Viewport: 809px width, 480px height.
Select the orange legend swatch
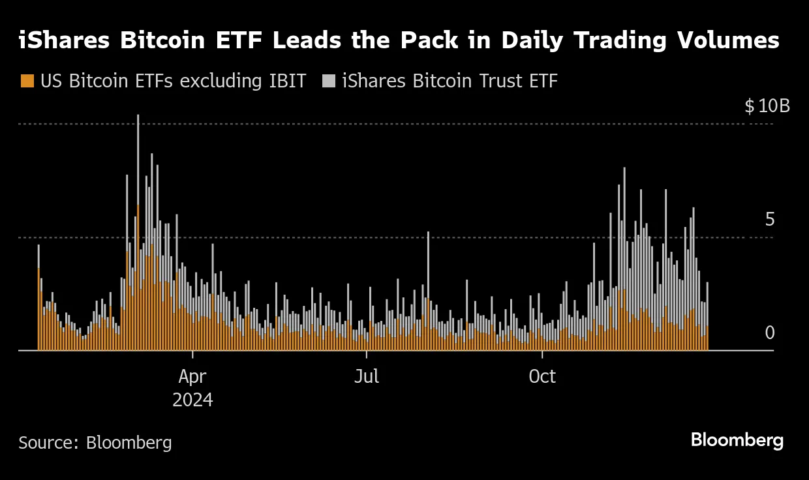(27, 82)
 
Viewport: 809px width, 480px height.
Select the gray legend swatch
(329, 82)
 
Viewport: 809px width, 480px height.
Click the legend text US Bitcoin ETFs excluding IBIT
(173, 82)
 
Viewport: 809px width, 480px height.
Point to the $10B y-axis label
(767, 106)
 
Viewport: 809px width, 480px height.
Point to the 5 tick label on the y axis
(770, 220)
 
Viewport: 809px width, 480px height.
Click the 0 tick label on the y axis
(770, 333)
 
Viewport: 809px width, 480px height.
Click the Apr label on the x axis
(192, 376)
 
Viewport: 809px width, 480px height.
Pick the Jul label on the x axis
(367, 376)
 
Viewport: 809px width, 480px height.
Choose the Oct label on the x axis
(542, 376)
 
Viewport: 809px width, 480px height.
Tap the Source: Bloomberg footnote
(95, 443)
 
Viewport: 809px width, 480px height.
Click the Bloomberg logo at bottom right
(737, 441)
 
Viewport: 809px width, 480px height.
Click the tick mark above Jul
(367, 354)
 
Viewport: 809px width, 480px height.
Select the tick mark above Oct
(542, 354)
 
